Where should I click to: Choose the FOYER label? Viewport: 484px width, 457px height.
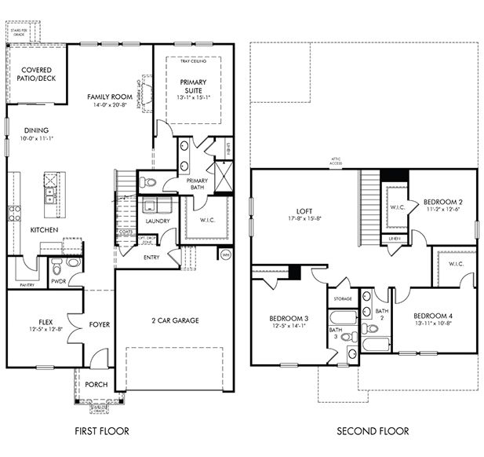pos(100,324)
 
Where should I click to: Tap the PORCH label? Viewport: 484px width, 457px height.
pos(97,384)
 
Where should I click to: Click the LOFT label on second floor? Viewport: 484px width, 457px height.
pos(305,211)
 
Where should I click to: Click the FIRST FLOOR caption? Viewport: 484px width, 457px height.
pos(101,431)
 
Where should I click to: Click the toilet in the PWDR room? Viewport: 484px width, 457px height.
pos(74,264)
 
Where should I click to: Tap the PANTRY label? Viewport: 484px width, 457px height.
pos(27,285)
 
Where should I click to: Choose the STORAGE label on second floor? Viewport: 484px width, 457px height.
pos(342,298)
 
